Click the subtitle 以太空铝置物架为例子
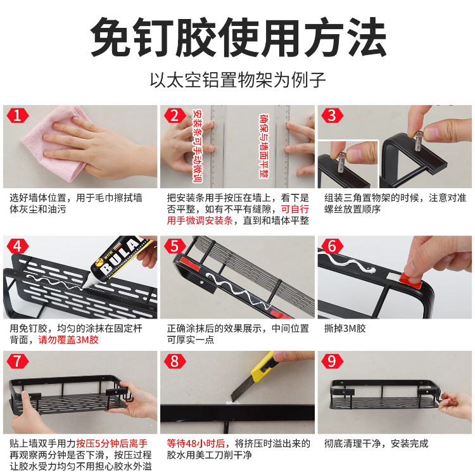pyautogui.click(x=237, y=80)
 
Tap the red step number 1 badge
pyautogui.click(x=17, y=115)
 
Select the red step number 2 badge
pyautogui.click(x=174, y=115)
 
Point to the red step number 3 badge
pyautogui.click(x=331, y=115)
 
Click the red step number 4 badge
pyautogui.click(x=17, y=246)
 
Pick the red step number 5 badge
pyautogui.click(x=174, y=246)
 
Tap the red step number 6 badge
pyautogui.click(x=331, y=246)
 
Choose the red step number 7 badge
pyautogui.click(x=17, y=362)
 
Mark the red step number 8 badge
pyautogui.click(x=174, y=362)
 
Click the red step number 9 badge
pyautogui.click(x=331, y=362)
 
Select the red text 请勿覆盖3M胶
pyautogui.click(x=68, y=340)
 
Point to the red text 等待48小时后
pyautogui.click(x=189, y=443)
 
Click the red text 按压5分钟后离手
pyautogui.click(x=113, y=443)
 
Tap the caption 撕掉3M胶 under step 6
pyautogui.click(x=345, y=329)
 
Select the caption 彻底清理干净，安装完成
pyautogui.click(x=376, y=443)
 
